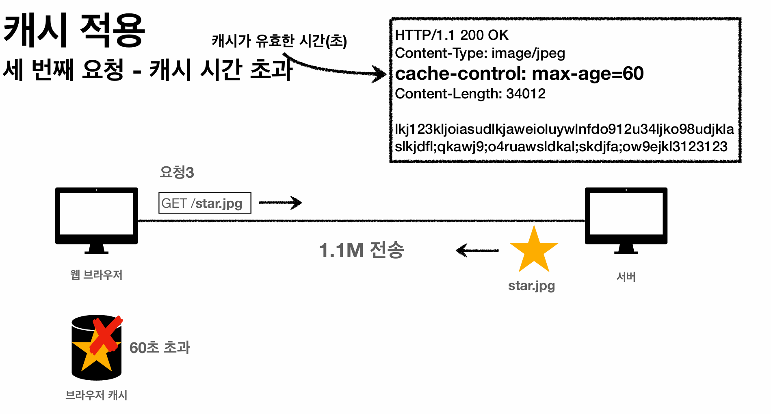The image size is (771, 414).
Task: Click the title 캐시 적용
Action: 74,30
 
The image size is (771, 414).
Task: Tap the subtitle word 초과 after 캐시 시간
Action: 271,69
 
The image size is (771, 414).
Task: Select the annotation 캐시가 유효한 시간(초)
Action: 279,41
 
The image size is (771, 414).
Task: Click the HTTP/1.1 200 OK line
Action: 451,35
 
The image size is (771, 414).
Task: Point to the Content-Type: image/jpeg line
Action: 480,53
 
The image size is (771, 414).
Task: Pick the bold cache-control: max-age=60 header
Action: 519,74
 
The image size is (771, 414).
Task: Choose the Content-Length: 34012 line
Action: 470,94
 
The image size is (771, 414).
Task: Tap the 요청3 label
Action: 177,172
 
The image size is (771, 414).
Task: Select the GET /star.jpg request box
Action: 204,203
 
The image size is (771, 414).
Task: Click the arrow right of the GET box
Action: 280,202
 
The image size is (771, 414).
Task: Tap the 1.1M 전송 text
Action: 361,250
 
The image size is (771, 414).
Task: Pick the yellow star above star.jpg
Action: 534,250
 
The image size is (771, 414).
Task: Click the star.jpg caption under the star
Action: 531,285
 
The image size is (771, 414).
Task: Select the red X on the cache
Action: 106,334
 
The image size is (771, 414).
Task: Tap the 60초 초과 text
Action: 160,348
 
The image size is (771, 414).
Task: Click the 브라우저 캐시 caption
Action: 96,395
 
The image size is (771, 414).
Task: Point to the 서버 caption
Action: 626,277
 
